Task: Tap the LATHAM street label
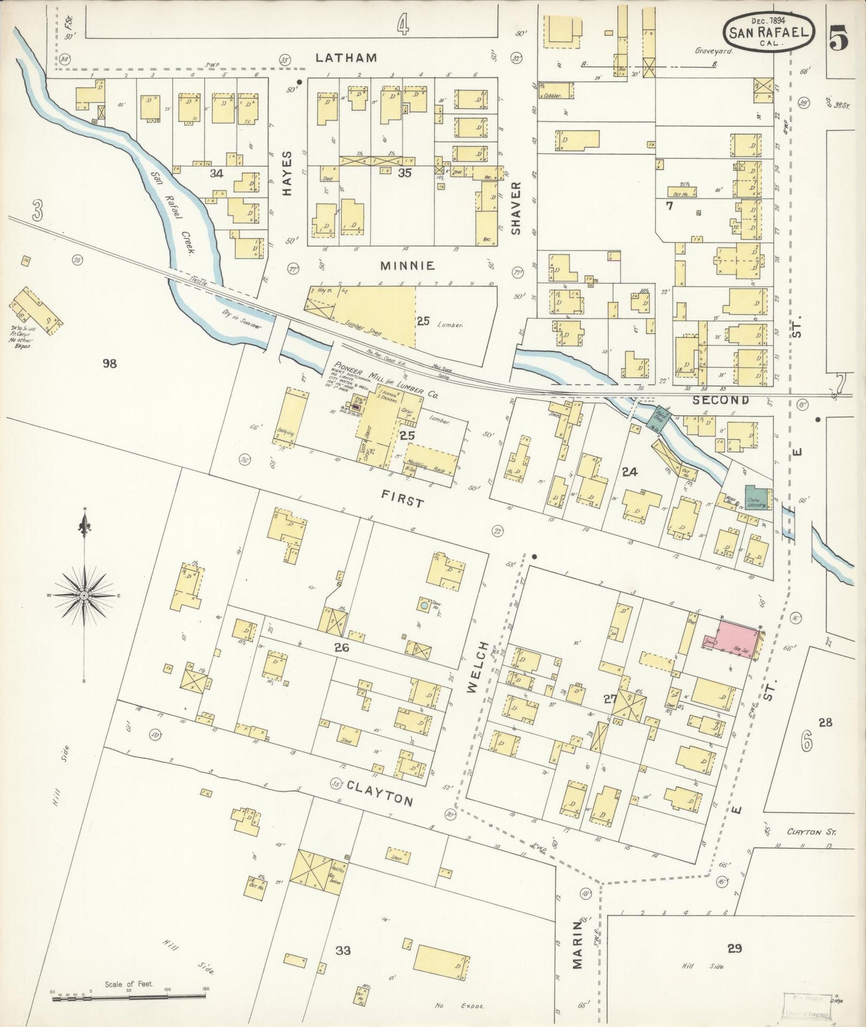(346, 58)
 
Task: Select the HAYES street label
(287, 174)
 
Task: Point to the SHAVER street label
(517, 207)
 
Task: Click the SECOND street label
(720, 400)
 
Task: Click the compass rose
(85, 594)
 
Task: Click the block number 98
(109, 363)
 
